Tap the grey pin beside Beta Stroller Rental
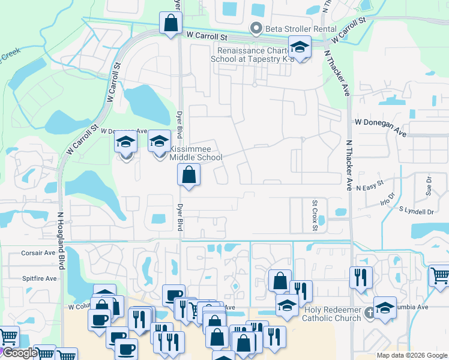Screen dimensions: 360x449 coord(257,28)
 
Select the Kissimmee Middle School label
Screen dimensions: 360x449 coord(196,153)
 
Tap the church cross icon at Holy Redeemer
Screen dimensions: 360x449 coord(370,312)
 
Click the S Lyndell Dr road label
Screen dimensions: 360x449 coord(416,211)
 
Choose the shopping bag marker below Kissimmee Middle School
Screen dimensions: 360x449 coord(188,175)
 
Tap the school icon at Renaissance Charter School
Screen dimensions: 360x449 coord(299,46)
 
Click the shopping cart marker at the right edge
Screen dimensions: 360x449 coord(439,276)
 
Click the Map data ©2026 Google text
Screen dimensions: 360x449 coord(411,355)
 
